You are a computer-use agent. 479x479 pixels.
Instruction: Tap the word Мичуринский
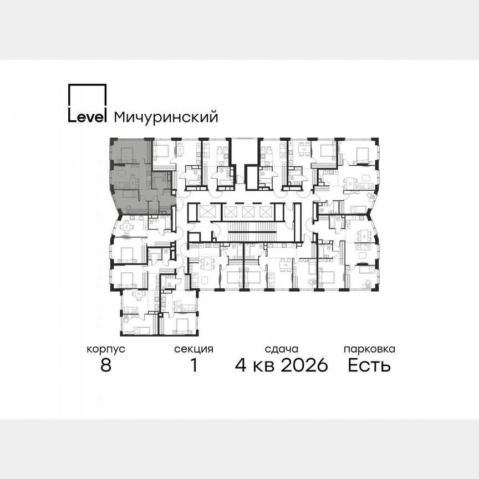(165, 118)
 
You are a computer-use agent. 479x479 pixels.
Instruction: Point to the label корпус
(106, 349)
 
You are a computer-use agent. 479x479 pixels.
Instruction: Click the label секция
(193, 349)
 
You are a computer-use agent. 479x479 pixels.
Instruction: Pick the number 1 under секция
(193, 365)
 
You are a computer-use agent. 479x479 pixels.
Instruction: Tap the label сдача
(282, 349)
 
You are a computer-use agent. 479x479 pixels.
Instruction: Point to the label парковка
(369, 349)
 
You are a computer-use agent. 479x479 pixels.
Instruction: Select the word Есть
(369, 365)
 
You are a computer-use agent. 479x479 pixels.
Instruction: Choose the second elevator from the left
(231, 212)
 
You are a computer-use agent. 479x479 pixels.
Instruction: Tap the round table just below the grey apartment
(126, 225)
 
